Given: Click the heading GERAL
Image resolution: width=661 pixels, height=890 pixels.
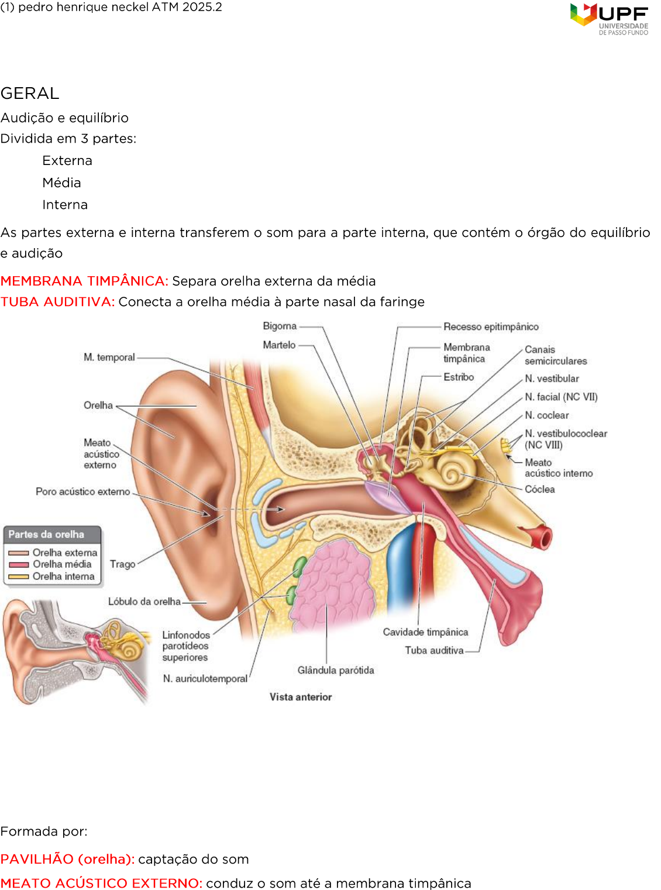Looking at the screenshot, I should point(30,94).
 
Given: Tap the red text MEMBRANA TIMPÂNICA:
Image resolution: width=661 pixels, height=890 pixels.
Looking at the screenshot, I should point(84,281).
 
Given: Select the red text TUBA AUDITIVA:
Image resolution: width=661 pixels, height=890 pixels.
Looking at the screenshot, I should point(57,302).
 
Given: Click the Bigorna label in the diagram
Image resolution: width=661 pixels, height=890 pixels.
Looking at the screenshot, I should point(280,326).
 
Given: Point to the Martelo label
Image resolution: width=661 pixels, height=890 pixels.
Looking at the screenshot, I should point(279,345).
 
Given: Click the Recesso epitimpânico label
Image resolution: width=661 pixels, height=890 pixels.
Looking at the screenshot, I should point(491,327).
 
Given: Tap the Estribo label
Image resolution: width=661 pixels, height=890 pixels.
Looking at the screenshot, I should point(459,377).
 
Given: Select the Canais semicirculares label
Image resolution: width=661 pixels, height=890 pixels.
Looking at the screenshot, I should point(555,355).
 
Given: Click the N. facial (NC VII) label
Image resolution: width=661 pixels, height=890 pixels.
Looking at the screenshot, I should point(561,397).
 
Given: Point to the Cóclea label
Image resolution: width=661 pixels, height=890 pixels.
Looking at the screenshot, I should point(539,489).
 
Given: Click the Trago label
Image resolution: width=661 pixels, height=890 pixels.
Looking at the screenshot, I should point(122,564).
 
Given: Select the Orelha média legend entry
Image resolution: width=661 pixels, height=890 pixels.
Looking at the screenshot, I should point(62,564).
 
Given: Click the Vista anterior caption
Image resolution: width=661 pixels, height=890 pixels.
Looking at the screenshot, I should point(301,697).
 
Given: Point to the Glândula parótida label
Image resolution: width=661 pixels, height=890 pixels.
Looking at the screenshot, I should point(336,671).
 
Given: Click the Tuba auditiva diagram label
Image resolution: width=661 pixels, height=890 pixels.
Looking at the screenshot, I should point(434,651).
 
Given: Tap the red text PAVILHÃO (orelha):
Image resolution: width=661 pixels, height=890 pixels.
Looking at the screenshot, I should point(67,859).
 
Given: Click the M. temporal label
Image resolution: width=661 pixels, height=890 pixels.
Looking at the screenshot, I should point(109,357).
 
